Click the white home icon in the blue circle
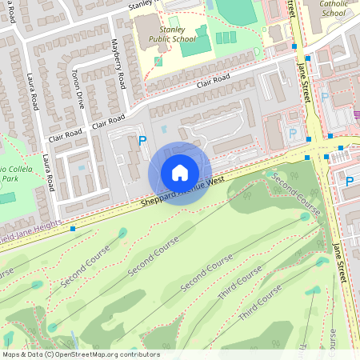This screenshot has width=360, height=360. click(x=180, y=173)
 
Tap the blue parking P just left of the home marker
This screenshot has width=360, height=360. click(x=143, y=140)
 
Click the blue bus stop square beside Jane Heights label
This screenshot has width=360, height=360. click(x=73, y=229)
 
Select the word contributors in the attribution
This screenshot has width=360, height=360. click(x=135, y=354)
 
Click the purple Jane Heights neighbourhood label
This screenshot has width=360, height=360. click(x=32, y=234)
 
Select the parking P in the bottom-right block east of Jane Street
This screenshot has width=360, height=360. click(x=349, y=182)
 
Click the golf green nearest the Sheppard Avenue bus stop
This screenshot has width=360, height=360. click(x=122, y=233)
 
